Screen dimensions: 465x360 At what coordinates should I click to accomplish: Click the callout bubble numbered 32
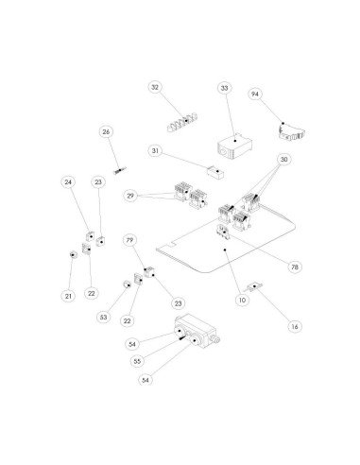[x=155, y=87]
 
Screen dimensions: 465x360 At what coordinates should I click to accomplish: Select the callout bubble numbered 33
[x=224, y=88]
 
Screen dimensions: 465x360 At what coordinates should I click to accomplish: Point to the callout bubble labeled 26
[x=106, y=132]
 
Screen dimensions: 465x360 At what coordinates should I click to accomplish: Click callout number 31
[x=156, y=151]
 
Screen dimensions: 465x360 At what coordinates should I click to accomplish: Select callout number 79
[x=129, y=242]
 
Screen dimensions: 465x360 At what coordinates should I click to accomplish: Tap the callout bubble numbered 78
[x=295, y=267]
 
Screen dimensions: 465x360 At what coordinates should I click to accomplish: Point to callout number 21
[x=67, y=296]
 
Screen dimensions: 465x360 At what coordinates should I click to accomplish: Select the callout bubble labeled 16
[x=294, y=326]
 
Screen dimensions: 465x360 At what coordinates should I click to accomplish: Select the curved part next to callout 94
[x=288, y=129]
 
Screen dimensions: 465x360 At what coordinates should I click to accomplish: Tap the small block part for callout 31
[x=213, y=172]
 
